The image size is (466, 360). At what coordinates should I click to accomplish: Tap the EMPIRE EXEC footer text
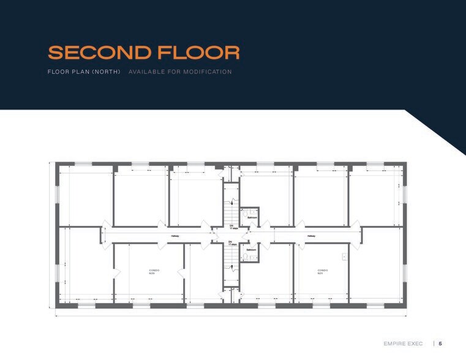click(x=403, y=344)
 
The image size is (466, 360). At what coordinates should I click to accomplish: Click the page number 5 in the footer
click(x=440, y=344)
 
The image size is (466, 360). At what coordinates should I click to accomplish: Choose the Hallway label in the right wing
click(x=311, y=235)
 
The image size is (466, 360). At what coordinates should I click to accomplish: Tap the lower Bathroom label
click(x=251, y=250)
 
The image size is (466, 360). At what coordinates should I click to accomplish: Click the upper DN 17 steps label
click(x=231, y=227)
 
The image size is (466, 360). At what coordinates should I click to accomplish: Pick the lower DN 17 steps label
click(x=231, y=243)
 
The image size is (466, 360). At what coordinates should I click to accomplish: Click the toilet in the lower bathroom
click(x=245, y=257)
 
